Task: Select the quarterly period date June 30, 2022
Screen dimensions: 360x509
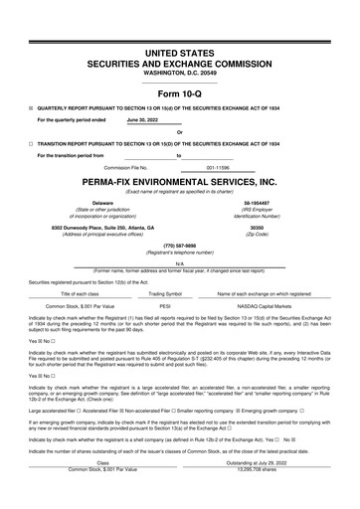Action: click(x=143, y=118)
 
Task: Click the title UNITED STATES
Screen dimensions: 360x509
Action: click(x=179, y=51)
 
